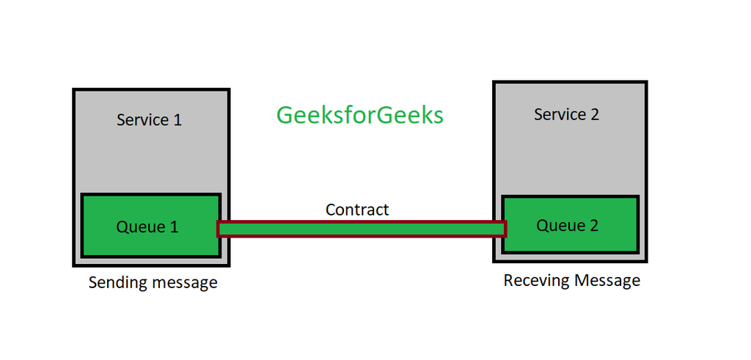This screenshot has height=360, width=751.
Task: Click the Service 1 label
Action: pyautogui.click(x=149, y=120)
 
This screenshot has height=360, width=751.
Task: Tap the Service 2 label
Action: pyautogui.click(x=566, y=114)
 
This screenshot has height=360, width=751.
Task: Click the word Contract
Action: pyautogui.click(x=357, y=210)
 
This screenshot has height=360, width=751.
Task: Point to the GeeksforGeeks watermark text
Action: pyautogui.click(x=359, y=116)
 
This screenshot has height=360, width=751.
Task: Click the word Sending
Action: pyautogui.click(x=116, y=282)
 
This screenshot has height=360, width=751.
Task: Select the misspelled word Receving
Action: pyautogui.click(x=536, y=280)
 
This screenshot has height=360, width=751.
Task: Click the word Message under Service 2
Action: pyautogui.click(x=607, y=280)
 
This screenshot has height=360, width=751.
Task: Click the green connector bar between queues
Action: pyautogui.click(x=362, y=229)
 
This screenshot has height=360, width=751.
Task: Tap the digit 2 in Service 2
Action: pyautogui.click(x=594, y=114)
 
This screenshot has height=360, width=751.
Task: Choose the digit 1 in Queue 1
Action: pyautogui.click(x=174, y=227)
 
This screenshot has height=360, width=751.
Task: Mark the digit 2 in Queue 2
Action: pyautogui.click(x=593, y=225)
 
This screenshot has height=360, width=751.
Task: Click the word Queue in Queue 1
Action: pyautogui.click(x=141, y=227)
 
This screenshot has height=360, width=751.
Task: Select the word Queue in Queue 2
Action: pyautogui.click(x=560, y=226)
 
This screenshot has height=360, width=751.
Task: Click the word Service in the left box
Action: pyautogui.click(x=142, y=120)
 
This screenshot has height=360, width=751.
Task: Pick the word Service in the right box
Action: pyautogui.click(x=559, y=114)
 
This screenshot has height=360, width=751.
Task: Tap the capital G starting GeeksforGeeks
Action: pyautogui.click(x=285, y=116)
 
